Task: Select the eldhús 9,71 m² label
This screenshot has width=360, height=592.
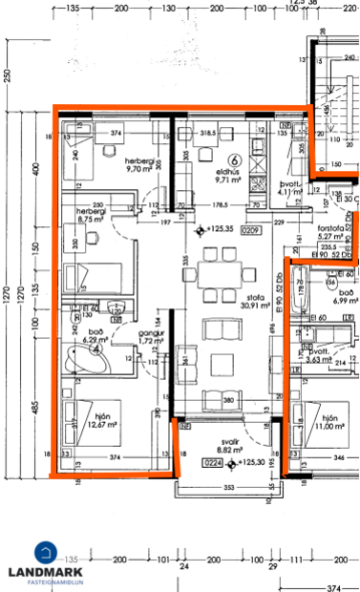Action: coord(228,173)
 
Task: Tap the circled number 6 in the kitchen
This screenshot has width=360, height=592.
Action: coord(233,159)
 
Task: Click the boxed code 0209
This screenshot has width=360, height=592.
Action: coord(250,229)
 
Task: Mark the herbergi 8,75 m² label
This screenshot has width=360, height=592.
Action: coord(77,214)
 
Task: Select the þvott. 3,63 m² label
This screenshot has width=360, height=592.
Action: coord(331,355)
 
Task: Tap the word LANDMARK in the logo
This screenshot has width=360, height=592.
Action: coord(44,570)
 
